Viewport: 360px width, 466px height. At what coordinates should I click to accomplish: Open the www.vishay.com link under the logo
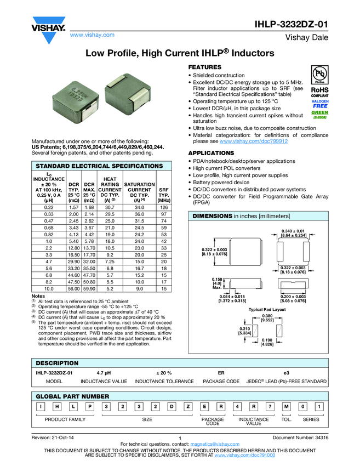[92, 35]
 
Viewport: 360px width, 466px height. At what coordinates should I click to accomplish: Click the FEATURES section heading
[205, 66]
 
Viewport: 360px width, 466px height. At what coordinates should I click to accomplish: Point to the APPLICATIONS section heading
[211, 153]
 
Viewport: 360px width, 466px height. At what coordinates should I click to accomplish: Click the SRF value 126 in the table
[163, 208]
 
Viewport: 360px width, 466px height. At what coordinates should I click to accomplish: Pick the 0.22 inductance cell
[48, 208]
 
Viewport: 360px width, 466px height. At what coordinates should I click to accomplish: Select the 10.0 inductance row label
[48, 288]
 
